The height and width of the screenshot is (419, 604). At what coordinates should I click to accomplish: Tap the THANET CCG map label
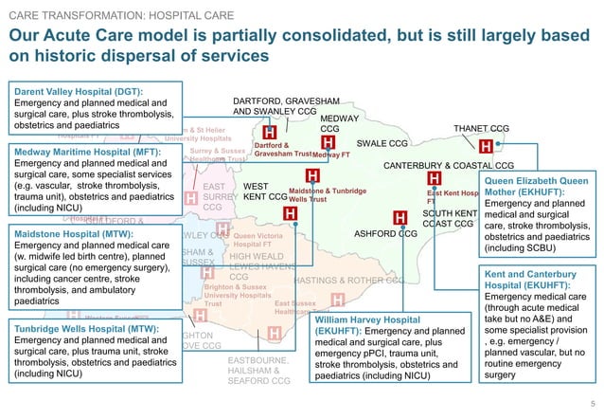(481, 128)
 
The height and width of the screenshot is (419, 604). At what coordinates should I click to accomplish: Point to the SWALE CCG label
(382, 144)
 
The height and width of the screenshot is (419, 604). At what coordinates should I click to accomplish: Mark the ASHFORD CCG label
(385, 233)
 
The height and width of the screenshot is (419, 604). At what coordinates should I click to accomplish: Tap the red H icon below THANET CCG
(486, 147)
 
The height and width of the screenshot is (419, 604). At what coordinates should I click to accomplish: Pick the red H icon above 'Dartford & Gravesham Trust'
(269, 133)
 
